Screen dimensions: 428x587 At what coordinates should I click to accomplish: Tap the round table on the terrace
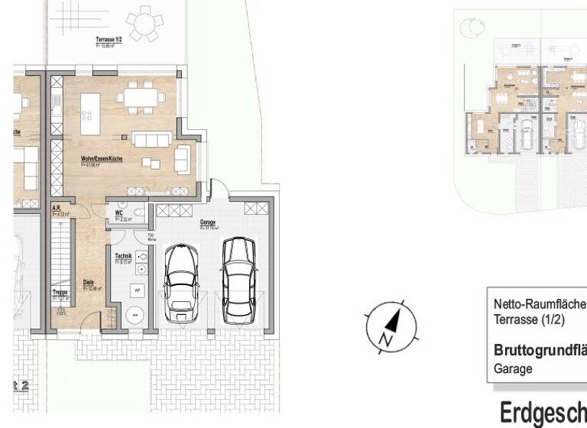pyautogui.click(x=143, y=23)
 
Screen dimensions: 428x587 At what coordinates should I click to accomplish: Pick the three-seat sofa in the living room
pyautogui.click(x=151, y=139)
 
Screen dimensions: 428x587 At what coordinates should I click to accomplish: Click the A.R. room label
pyautogui.click(x=57, y=207)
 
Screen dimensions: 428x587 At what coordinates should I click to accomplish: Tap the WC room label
pyautogui.click(x=120, y=213)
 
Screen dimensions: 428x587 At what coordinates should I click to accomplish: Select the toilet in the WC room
pyautogui.click(x=138, y=213)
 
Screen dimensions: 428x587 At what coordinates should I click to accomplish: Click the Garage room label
pyautogui.click(x=206, y=223)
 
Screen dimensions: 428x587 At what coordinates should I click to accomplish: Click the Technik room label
pyautogui.click(x=122, y=256)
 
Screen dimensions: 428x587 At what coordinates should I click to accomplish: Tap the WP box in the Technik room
pyautogui.click(x=138, y=290)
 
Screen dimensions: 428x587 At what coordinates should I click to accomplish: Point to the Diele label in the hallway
pyautogui.click(x=89, y=281)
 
